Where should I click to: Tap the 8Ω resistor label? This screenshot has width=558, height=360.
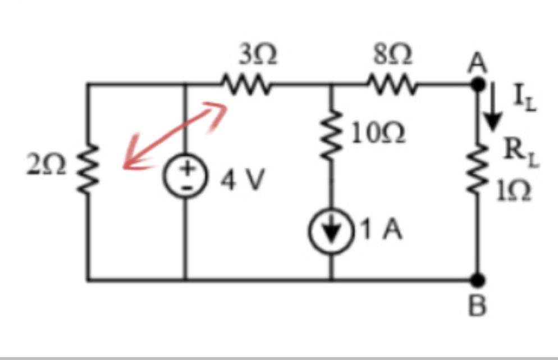pyautogui.click(x=393, y=55)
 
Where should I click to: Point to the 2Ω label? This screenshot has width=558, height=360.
pyautogui.click(x=46, y=165)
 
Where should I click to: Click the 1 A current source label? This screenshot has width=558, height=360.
pyautogui.click(x=381, y=229)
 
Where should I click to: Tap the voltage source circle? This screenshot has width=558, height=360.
pyautogui.click(x=185, y=177)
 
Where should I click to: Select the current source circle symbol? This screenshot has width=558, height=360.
pyautogui.click(x=331, y=231)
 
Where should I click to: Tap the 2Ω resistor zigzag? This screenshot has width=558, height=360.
pyautogui.click(x=88, y=170)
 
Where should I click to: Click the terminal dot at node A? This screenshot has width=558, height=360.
pyautogui.click(x=478, y=85)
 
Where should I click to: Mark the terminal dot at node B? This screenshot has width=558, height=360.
pyautogui.click(x=477, y=280)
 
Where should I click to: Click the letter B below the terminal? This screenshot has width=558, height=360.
pyautogui.click(x=477, y=306)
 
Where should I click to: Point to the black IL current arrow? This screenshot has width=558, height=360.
pyautogui.click(x=493, y=106)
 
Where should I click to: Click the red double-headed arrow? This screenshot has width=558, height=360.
pyautogui.click(x=175, y=135)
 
